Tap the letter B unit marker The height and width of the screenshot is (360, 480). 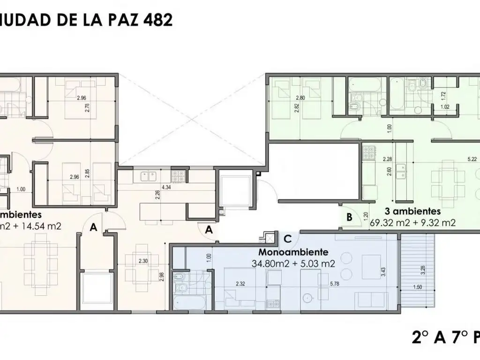(x=349, y=217)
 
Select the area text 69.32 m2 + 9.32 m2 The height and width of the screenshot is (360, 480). (x=412, y=223)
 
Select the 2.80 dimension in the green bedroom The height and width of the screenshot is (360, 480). (x=300, y=97)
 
